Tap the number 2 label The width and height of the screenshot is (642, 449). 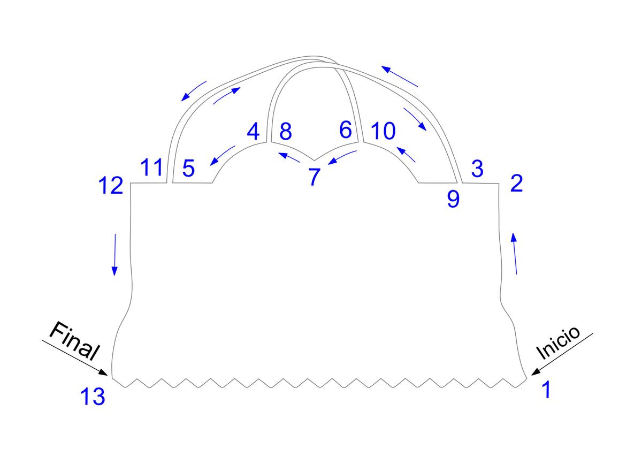click(516, 184)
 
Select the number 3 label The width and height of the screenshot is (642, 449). click(477, 169)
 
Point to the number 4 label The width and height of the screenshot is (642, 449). click(253, 131)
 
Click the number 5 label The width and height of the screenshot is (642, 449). click(188, 169)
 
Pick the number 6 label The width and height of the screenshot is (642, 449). click(346, 130)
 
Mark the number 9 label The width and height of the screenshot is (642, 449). click(453, 199)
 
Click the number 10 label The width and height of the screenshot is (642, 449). click(383, 131)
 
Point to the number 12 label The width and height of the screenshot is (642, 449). click(111, 186)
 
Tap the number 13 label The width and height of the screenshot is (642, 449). click(93, 398)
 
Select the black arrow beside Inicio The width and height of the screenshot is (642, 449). click(562, 354)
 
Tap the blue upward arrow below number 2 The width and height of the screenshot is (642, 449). click(515, 254)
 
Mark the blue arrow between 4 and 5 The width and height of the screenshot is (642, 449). click(223, 155)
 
